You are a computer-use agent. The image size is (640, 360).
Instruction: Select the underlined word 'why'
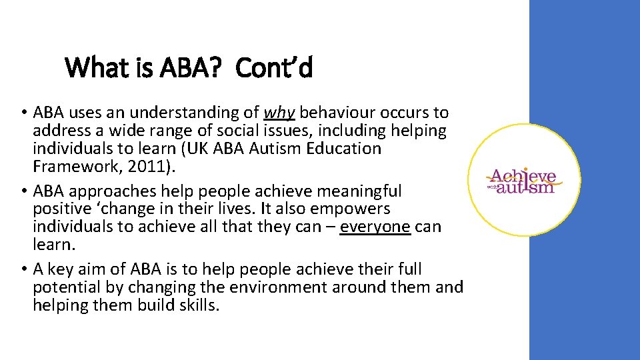(279, 113)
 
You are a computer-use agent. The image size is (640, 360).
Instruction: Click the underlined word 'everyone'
(375, 227)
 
